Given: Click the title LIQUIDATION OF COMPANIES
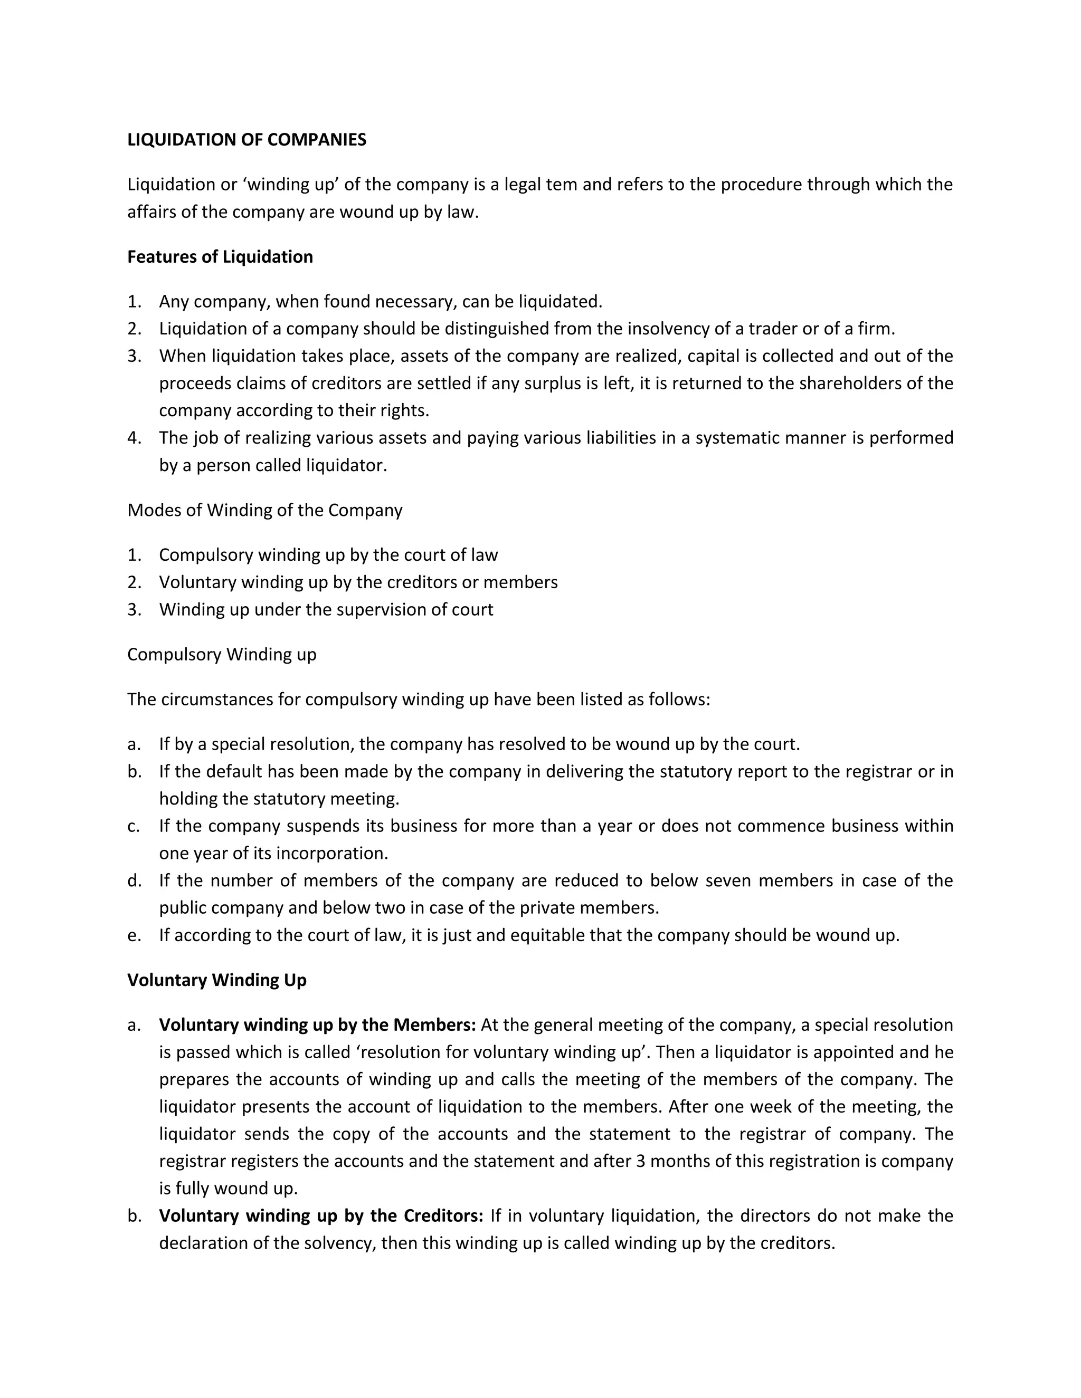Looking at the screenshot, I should [x=246, y=140].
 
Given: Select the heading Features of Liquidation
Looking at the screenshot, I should [x=220, y=257].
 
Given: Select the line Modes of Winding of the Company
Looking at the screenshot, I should [x=264, y=510].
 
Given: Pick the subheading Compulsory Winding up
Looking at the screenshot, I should [x=222, y=654].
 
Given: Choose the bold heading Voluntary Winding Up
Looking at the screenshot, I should [x=216, y=980].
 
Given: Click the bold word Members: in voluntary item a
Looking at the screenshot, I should [x=434, y=1025].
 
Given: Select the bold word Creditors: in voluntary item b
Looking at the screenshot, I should [x=443, y=1215].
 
